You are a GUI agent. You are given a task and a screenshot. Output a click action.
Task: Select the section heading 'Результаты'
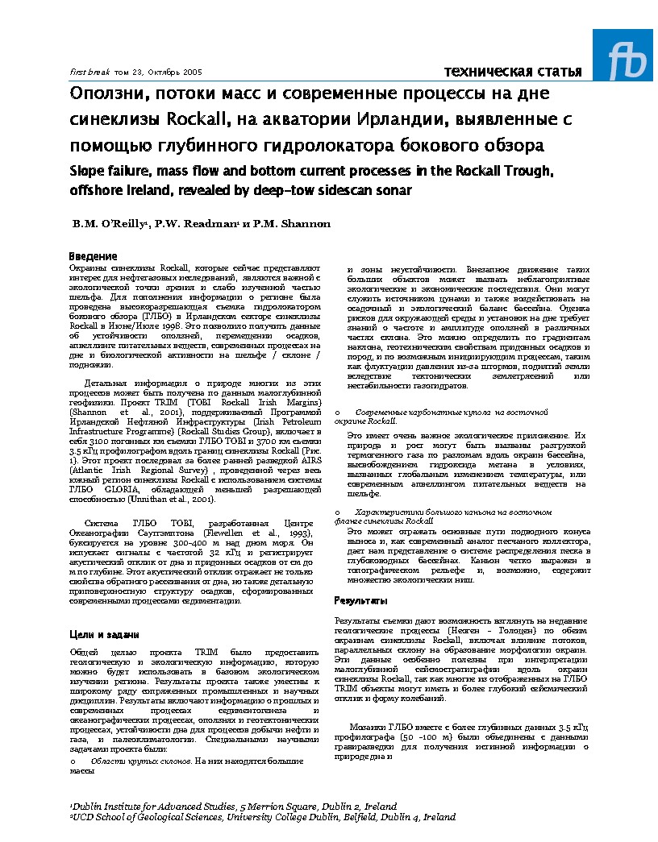(x=361, y=601)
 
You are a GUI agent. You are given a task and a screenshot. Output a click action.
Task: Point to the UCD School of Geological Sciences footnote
(x=263, y=816)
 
